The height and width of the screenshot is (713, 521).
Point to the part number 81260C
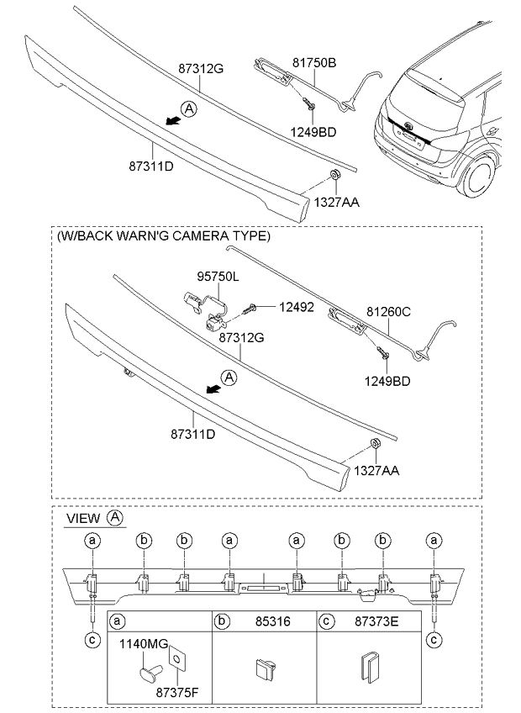388,313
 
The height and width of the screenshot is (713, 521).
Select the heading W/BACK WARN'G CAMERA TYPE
164,236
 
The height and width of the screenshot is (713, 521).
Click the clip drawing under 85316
263,670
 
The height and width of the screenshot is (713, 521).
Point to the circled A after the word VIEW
114,518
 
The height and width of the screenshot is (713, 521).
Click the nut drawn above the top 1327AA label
334,174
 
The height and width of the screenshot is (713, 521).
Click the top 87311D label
151,166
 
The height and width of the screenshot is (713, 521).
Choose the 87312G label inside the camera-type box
242,336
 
